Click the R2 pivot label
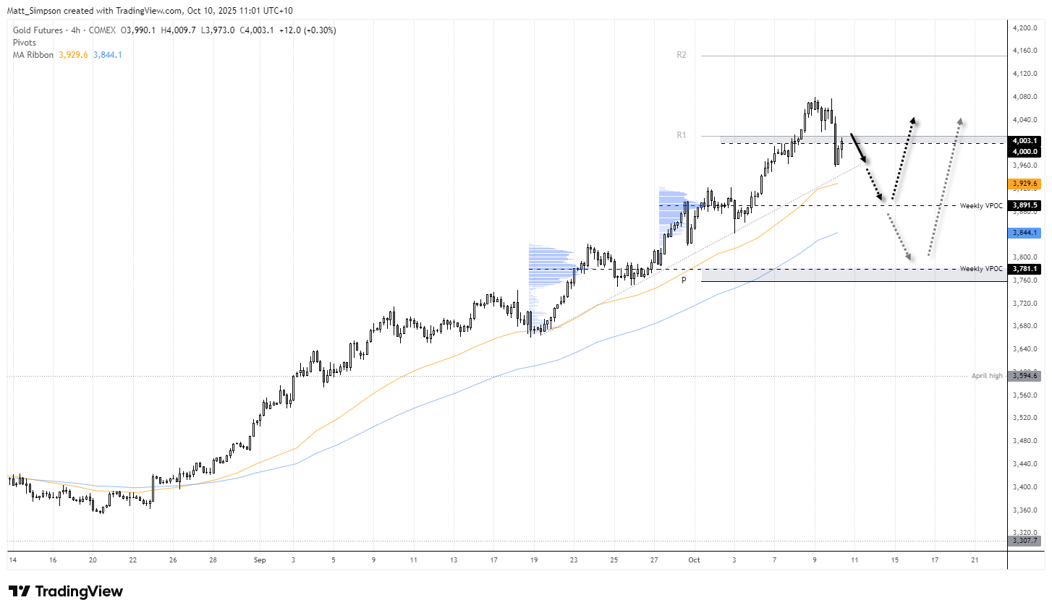(x=681, y=55)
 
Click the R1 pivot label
(x=681, y=135)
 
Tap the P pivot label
(x=684, y=280)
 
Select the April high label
(x=987, y=376)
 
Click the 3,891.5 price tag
(x=1025, y=205)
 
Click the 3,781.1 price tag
(x=1025, y=269)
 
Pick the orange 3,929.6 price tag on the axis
(x=1025, y=184)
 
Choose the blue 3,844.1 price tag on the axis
(x=1025, y=233)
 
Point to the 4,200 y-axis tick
(x=1025, y=27)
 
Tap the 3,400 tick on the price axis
(x=1025, y=486)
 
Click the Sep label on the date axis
(x=260, y=560)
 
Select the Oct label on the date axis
(x=694, y=560)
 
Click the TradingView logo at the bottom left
(x=66, y=591)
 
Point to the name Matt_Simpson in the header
(x=35, y=11)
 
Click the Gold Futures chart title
(x=38, y=30)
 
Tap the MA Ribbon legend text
(x=33, y=55)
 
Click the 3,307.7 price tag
(x=1025, y=541)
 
